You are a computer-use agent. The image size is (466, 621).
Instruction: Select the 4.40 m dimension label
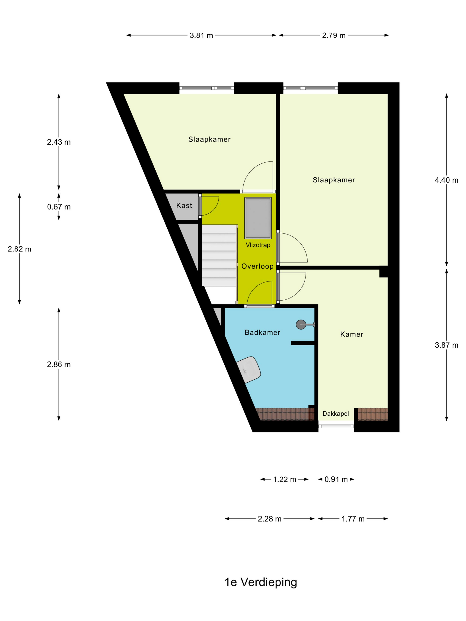tap(446, 180)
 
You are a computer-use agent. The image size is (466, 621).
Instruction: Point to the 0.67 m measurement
tap(59, 207)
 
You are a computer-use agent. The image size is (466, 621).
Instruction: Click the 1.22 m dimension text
tap(284, 480)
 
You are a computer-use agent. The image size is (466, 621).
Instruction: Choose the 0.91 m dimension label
tap(336, 480)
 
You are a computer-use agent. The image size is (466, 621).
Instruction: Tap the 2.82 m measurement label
tap(19, 249)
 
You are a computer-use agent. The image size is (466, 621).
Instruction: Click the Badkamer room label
tap(262, 332)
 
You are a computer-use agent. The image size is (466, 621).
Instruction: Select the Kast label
tap(184, 206)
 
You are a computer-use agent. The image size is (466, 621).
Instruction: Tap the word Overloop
tap(257, 266)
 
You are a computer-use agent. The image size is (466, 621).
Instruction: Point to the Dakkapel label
tap(336, 414)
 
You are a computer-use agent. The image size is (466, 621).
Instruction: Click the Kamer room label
tap(352, 334)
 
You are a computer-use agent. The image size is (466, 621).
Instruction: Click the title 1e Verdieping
tap(261, 582)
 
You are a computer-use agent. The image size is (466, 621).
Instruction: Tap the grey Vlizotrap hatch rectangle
tap(258, 218)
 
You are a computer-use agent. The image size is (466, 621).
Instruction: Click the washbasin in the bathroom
tap(248, 370)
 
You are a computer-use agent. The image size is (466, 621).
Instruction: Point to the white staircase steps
tap(219, 255)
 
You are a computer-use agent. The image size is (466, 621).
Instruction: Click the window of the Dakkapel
tap(336, 426)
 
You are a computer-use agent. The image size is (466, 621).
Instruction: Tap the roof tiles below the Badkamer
tap(285, 414)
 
